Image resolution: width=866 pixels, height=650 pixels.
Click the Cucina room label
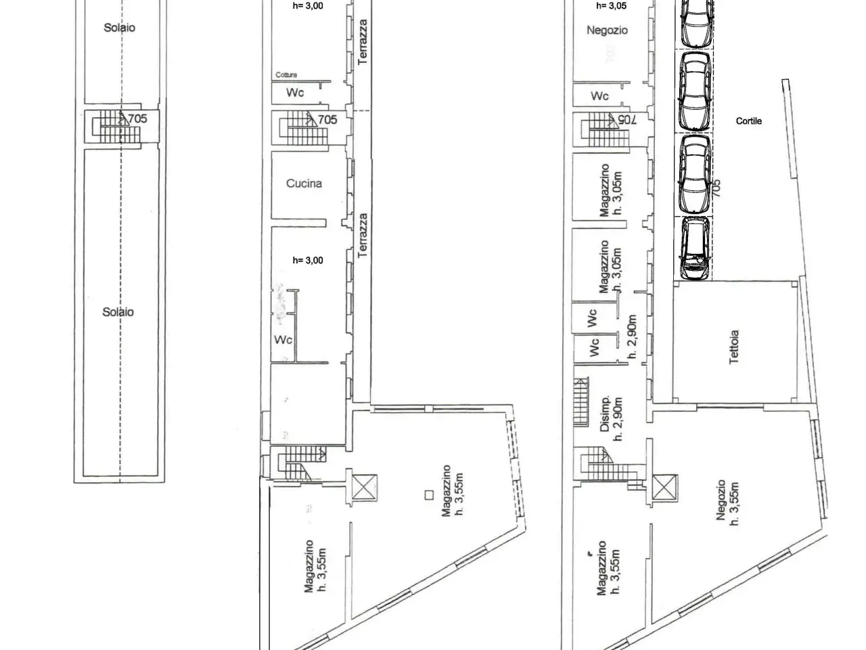pos(304,183)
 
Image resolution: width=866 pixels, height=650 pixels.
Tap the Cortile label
pos(748,121)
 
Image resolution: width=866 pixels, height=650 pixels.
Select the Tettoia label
pos(733,347)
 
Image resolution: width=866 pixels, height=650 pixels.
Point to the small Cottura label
pos(286,74)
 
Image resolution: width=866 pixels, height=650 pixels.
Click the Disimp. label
pos(605,413)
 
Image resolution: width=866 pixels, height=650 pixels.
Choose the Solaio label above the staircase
pos(119,28)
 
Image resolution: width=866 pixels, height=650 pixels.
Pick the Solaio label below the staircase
pos(118,312)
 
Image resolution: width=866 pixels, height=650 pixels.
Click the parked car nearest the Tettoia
pos(695,248)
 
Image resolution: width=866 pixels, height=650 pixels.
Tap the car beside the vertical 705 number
pos(695,174)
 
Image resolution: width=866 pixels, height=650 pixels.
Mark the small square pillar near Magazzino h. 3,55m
pos(429,495)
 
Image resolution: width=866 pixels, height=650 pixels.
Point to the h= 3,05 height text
pos(611,5)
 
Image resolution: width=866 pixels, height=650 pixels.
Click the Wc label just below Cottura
pos(295,93)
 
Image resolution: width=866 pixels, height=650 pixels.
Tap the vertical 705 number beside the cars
pos(717,188)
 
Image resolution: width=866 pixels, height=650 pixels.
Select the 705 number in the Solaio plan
pos(138,118)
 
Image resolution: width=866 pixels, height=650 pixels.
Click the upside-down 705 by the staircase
pos(627,120)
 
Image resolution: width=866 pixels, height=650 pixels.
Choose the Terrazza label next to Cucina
pos(363,236)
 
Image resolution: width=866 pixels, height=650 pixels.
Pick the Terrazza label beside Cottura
pos(363,42)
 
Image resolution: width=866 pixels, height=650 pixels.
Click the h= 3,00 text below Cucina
pos(308,261)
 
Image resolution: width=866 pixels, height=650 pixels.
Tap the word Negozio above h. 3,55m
pos(721,500)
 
